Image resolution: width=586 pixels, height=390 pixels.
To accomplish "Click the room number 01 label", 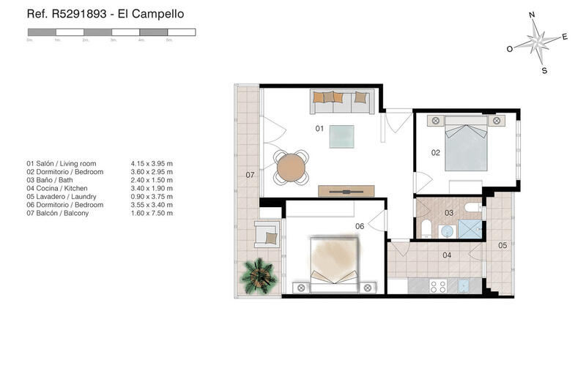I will pyautogui.click(x=319, y=128).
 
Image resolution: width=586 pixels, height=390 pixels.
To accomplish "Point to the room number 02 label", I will pyautogui.click(x=435, y=153).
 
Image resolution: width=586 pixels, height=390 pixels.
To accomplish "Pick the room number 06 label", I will pyautogui.click(x=360, y=226).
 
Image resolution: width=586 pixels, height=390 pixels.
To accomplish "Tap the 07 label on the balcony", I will pyautogui.click(x=250, y=175).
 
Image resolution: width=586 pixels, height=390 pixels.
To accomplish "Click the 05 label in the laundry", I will pyautogui.click(x=502, y=245).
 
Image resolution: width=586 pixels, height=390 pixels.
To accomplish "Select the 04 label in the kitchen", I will pyautogui.click(x=447, y=255).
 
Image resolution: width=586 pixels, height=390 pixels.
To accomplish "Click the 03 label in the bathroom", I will pyautogui.click(x=449, y=213).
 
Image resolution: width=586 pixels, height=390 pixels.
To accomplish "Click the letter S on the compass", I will pyautogui.click(x=544, y=70).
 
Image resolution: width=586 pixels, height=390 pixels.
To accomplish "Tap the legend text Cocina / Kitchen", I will pyautogui.click(x=57, y=189).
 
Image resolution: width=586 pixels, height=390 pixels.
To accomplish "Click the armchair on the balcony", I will pyautogui.click(x=267, y=234).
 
